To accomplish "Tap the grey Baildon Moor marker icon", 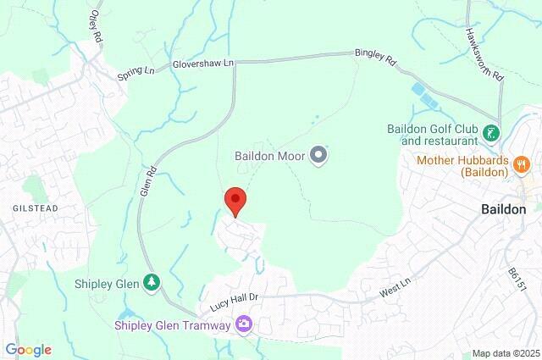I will [318, 155].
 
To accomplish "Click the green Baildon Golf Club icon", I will [491, 133].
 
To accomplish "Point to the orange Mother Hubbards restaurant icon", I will [522, 161].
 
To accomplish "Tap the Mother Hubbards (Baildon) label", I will [462, 166].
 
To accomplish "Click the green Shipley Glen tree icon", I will [152, 282].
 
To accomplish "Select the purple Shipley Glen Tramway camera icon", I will [245, 324].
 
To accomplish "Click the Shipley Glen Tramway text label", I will [173, 324].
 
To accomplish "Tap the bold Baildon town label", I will [503, 208].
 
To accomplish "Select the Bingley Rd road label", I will [376, 58].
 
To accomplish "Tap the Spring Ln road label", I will [137, 75].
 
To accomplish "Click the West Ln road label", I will [390, 292].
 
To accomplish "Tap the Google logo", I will [27, 349].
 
